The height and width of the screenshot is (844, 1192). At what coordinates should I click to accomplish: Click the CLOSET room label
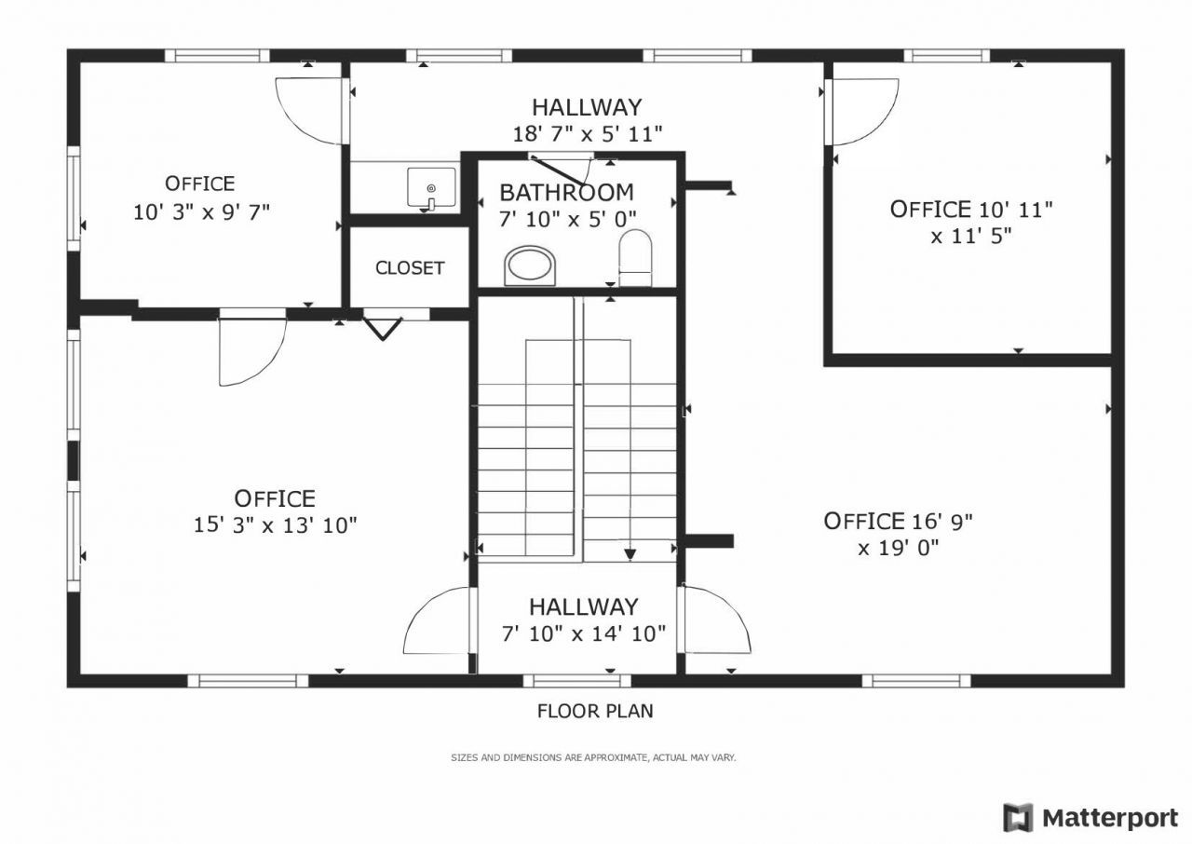tap(410, 268)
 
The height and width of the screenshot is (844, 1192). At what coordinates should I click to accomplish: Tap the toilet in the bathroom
tap(636, 258)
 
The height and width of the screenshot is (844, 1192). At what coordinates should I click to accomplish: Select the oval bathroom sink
tap(531, 265)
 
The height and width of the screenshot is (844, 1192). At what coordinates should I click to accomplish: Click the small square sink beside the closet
tap(431, 189)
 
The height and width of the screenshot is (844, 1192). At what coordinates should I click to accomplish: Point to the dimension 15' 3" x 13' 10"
tap(276, 525)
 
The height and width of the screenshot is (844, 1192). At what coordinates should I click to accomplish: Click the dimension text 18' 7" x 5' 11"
tap(587, 133)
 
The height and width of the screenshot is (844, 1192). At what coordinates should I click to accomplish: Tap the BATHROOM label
tap(566, 193)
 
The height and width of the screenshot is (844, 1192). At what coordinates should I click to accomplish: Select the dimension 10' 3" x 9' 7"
tap(201, 211)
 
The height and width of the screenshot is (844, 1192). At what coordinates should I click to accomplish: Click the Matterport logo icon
tap(1018, 817)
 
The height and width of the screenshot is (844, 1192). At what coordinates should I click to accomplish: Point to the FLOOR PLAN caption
tap(595, 712)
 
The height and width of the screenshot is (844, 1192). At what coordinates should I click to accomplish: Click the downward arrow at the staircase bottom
tap(630, 553)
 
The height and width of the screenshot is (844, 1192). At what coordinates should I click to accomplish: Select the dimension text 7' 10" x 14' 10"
tap(584, 634)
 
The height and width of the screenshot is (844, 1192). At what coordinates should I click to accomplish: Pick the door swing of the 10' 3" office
tap(312, 112)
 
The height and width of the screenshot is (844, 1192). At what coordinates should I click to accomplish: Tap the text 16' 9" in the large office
tap(950, 521)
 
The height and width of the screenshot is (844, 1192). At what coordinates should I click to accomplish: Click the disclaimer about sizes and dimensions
tap(593, 758)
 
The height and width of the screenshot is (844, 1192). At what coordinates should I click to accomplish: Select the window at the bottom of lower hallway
tap(576, 680)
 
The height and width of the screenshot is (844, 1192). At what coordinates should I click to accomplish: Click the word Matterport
tap(1110, 818)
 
